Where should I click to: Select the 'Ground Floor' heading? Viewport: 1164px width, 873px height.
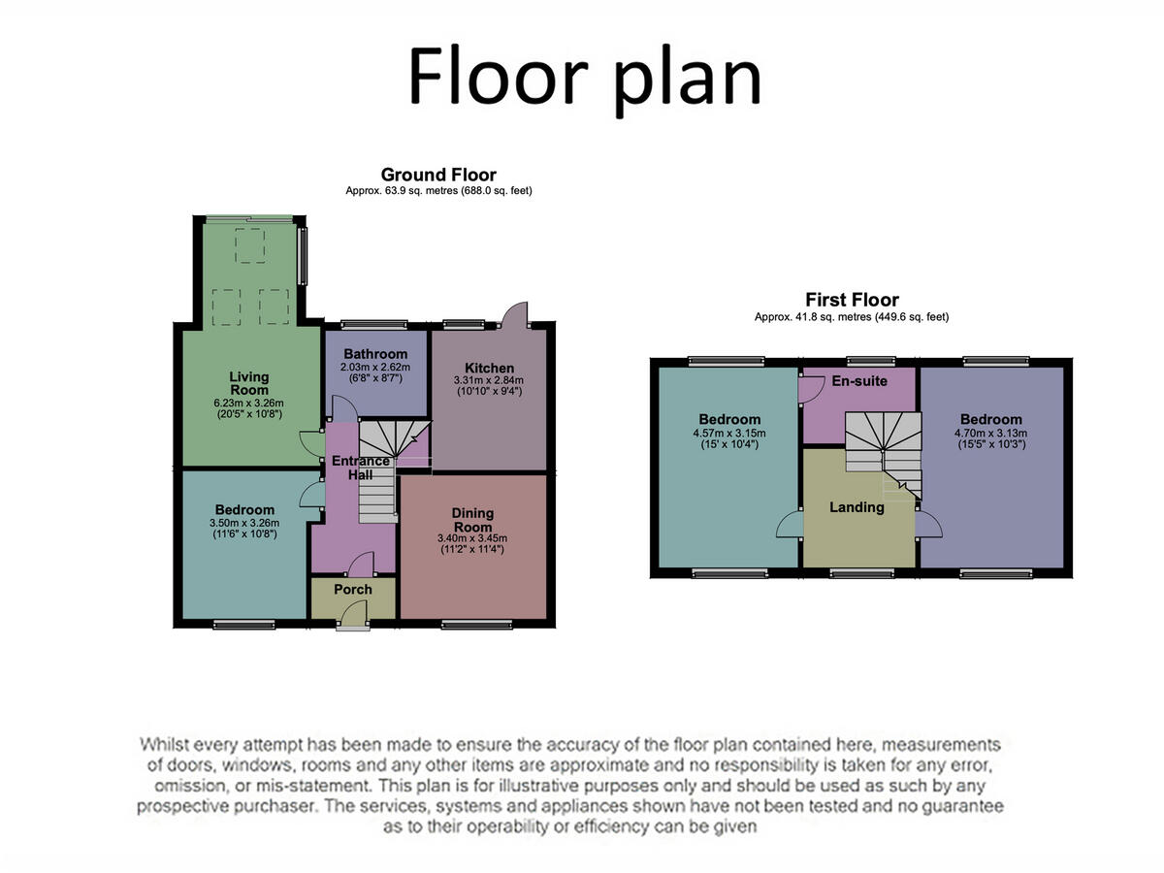coord(438,175)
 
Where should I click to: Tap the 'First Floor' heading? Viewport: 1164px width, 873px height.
coord(852,300)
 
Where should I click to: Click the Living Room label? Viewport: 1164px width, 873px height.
coord(249,383)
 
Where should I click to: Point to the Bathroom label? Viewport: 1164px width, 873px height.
coord(374,354)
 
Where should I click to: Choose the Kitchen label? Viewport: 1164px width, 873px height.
coord(489,368)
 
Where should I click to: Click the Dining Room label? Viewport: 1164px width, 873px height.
coord(472,520)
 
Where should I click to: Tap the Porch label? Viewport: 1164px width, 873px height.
coord(353,590)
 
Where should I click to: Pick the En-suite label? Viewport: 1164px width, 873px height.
coord(859,381)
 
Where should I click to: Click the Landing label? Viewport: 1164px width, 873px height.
coord(857,506)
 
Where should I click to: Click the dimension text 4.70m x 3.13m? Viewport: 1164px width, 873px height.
coord(991,434)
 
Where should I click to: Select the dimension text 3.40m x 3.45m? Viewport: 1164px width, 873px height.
coord(472,538)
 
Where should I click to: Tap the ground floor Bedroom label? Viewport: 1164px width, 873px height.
coord(244,509)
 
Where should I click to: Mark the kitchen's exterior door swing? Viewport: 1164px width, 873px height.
coord(515,312)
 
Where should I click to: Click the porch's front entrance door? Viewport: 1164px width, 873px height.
coord(355,615)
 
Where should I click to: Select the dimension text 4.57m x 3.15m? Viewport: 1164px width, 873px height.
coord(729,434)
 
